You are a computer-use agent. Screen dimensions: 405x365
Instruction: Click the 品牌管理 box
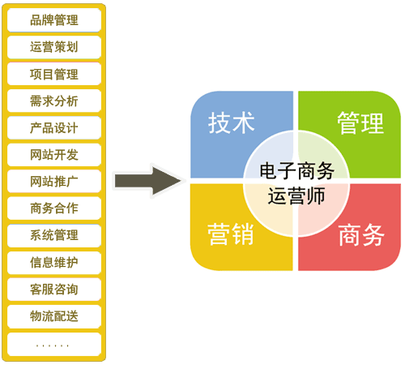54,20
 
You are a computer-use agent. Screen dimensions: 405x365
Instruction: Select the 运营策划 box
54,47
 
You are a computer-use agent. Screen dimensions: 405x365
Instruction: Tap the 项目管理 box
54,74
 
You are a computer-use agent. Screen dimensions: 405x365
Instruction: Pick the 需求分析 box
54,101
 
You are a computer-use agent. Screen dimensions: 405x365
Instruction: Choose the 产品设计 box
54,127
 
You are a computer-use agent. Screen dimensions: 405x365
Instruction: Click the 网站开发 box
54,155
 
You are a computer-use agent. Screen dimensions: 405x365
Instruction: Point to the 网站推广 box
54,181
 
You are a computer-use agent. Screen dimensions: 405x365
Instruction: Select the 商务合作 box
54,208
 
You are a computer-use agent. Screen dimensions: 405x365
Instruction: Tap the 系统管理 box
54,235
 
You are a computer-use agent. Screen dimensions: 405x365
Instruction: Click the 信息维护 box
54,263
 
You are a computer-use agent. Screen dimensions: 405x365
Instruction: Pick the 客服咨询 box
54,290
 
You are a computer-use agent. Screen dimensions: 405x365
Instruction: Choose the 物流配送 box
54,316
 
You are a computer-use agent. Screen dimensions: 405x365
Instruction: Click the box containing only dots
54,344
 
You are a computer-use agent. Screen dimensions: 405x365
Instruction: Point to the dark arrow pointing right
148,181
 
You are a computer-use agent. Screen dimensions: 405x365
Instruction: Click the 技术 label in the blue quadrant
232,123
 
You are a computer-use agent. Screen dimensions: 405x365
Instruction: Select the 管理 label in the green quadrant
360,123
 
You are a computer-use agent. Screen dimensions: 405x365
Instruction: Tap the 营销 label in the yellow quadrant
231,234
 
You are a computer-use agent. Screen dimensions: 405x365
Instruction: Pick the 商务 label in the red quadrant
361,234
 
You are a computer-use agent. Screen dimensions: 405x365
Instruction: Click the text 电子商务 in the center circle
297,170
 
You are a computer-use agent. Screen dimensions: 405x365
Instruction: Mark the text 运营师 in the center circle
296,195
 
